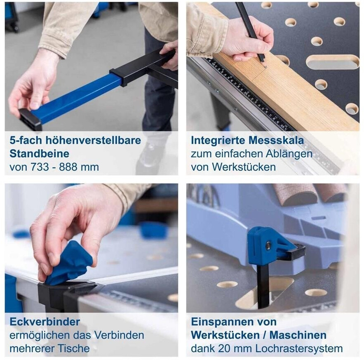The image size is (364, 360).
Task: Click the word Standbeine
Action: [40, 154]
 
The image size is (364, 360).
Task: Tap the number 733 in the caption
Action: [40, 167]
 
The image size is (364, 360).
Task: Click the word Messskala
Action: [276, 140]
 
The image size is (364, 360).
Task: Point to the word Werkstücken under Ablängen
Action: [244, 167]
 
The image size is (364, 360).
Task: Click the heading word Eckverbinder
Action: [45, 322]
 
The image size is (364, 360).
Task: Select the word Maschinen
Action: [298, 335]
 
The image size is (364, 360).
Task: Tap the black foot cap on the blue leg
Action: [30, 119]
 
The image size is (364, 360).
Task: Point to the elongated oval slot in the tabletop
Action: [333, 62]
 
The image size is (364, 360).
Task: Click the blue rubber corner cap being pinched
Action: [68, 263]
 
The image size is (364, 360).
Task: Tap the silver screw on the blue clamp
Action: [269, 245]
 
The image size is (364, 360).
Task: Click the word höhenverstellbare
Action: [93, 140]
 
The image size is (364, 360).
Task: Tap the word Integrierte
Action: [218, 140]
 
